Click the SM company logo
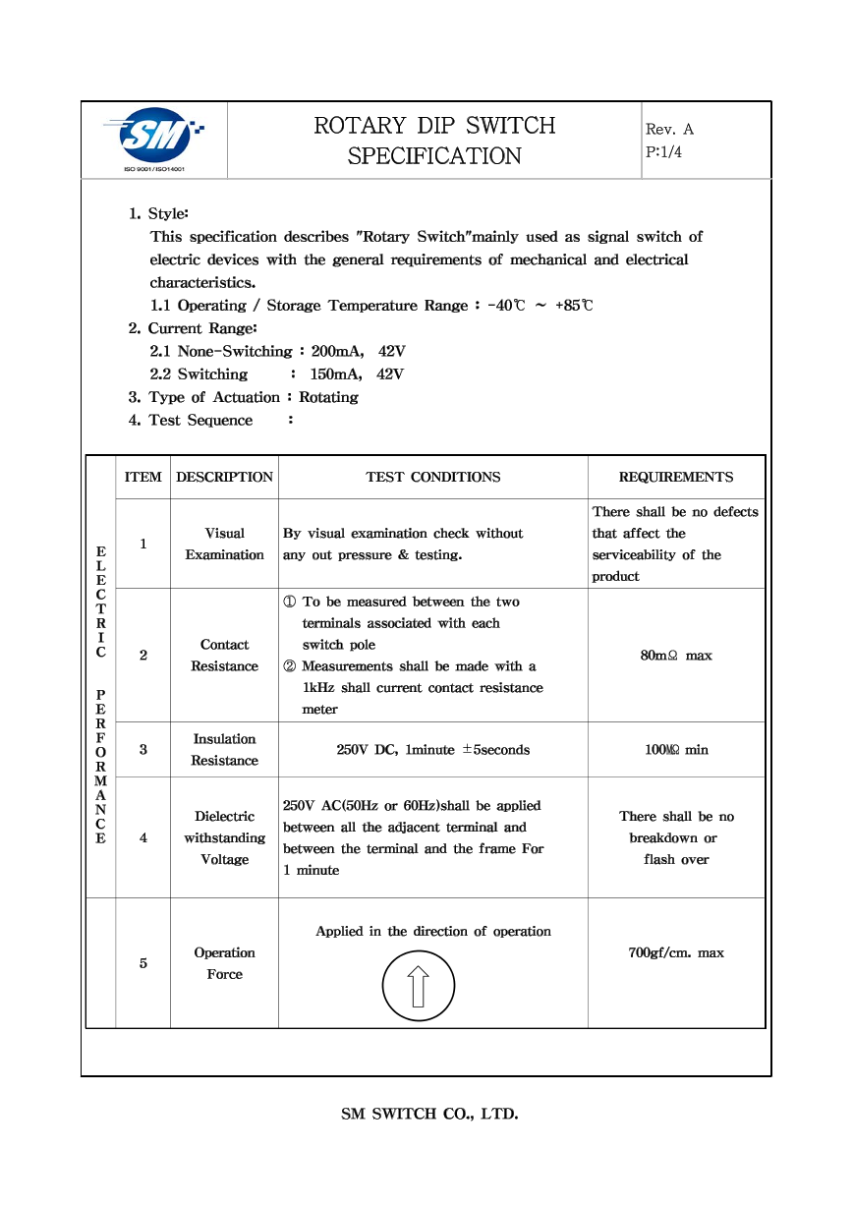155,139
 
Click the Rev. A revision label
669,129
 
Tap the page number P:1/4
663,152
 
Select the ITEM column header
143,477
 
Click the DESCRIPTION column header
224,477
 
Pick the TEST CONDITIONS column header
432,477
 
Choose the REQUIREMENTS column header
675,477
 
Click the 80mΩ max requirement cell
676,656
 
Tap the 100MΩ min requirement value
676,750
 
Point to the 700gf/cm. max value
676,952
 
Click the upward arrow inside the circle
419,985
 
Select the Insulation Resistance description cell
224,750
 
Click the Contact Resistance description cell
224,656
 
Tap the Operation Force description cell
224,963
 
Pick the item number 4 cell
143,838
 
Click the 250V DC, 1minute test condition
432,750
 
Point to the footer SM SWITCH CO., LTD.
429,1114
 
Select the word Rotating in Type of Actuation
328,397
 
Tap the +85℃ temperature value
574,306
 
